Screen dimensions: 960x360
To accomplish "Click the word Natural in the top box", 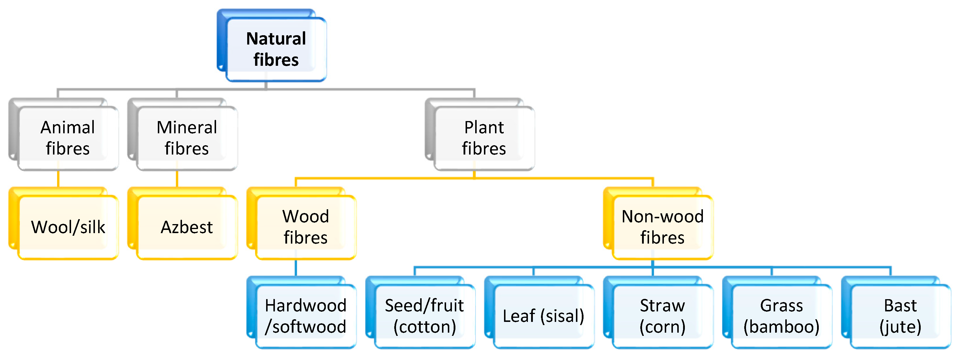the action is [276, 39].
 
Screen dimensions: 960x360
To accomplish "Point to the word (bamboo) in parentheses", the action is [782, 327].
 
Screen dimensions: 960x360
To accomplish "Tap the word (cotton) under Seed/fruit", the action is [425, 327].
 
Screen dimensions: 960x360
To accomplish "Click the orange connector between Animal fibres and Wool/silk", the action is [58, 179].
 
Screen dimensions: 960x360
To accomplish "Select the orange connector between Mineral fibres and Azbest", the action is [177, 179].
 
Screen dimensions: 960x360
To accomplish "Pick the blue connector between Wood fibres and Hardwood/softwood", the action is [296, 268].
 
